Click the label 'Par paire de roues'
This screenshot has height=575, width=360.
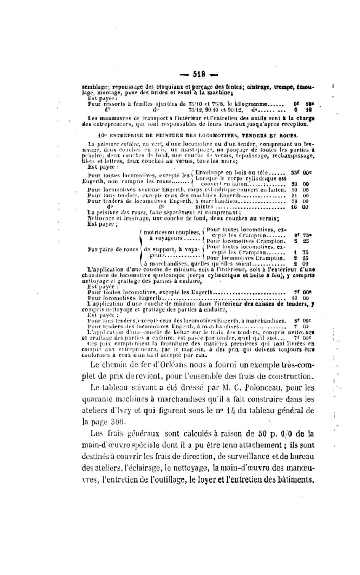[x=112, y=250]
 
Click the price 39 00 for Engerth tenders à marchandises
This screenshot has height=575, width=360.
[x=300, y=202]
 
